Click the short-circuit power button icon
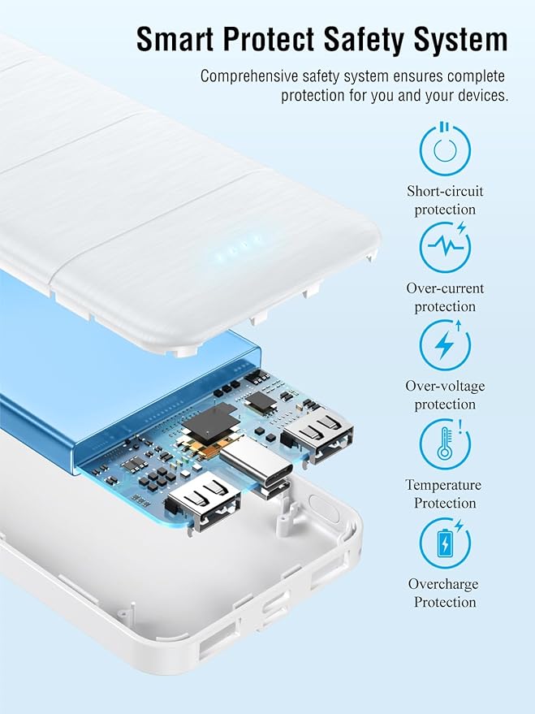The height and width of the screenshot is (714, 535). pos(444,149)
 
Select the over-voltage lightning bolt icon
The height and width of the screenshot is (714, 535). pos(444,344)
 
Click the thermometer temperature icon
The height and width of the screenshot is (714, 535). pos(444,444)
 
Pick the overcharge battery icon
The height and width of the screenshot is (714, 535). pos(444,543)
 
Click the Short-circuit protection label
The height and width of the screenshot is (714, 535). pos(445,201)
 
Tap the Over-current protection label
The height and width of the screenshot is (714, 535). pos(445,297)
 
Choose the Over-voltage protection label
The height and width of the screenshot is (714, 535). pos(445,395)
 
